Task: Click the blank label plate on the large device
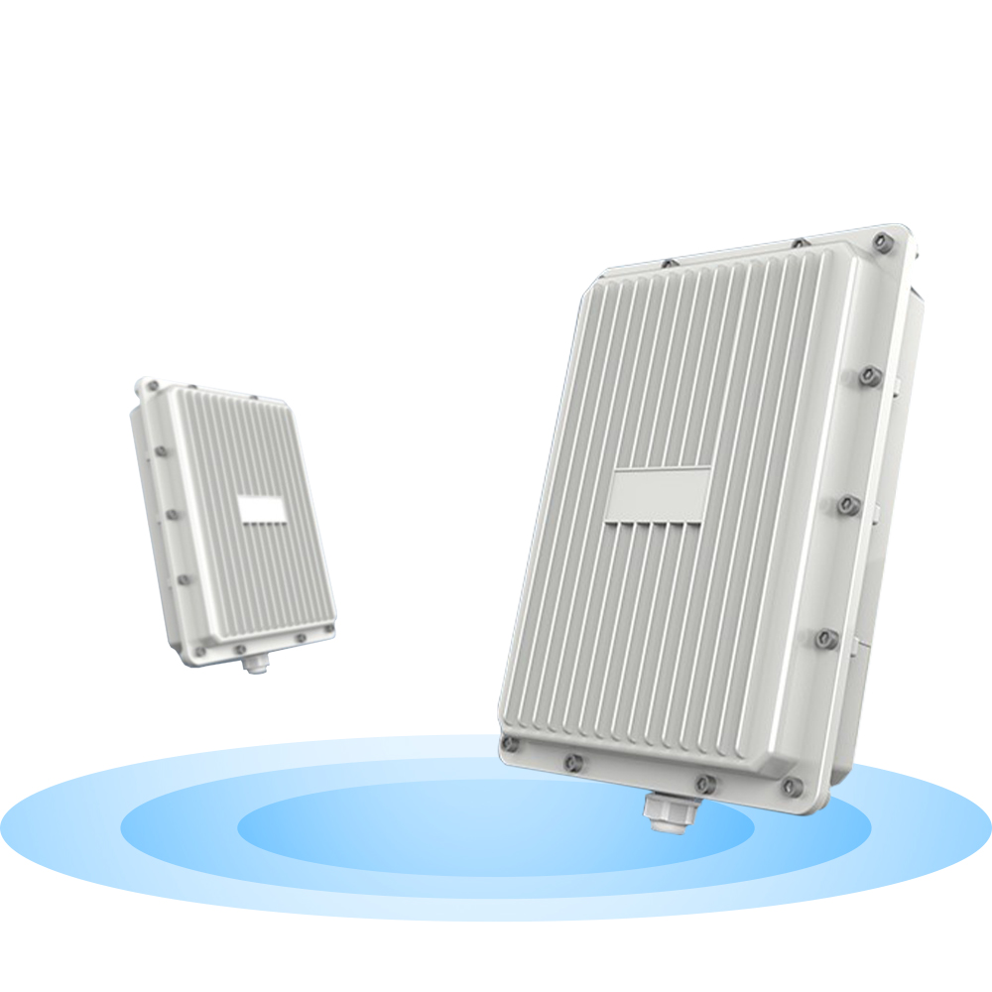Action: pyautogui.click(x=660, y=495)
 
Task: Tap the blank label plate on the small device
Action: pyautogui.click(x=263, y=510)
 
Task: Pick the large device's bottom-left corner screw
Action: pyautogui.click(x=511, y=743)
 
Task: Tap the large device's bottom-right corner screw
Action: pyautogui.click(x=791, y=787)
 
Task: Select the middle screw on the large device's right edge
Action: pyautogui.click(x=846, y=505)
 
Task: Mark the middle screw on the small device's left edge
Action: pyautogui.click(x=169, y=514)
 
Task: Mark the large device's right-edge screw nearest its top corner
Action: pyautogui.click(x=869, y=375)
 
